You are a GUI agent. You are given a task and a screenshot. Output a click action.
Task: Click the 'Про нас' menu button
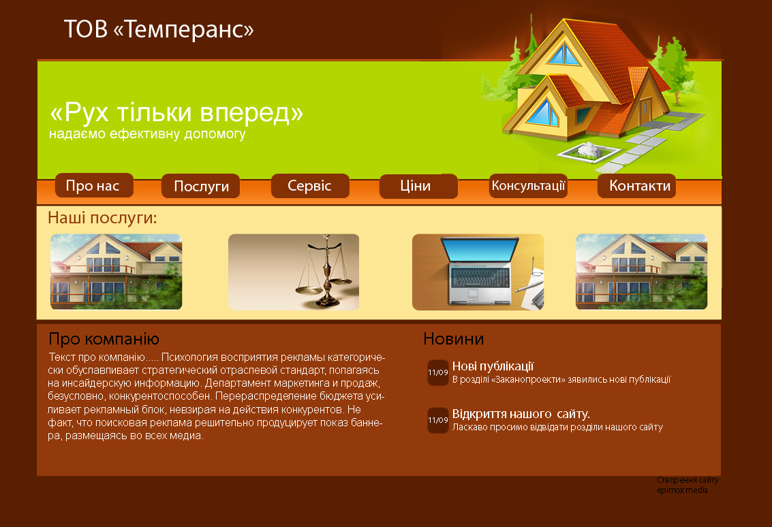94,185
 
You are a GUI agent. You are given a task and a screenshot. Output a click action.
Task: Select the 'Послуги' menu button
201,186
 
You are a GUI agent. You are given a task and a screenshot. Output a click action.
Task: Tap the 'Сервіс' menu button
310,185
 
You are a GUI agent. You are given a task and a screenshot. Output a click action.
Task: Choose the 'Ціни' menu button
418,186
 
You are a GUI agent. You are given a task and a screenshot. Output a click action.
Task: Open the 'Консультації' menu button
528,185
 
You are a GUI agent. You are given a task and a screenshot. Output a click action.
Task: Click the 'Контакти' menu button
636,185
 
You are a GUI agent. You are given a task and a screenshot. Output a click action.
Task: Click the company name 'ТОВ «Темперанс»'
159,29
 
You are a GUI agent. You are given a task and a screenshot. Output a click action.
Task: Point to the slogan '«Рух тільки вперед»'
176,112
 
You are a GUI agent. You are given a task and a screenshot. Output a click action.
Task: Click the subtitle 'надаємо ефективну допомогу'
147,134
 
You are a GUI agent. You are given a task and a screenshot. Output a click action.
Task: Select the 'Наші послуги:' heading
102,217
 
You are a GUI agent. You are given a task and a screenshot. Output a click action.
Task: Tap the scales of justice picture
294,272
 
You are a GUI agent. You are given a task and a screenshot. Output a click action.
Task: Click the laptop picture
478,272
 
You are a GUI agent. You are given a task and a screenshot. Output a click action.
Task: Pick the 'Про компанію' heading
104,339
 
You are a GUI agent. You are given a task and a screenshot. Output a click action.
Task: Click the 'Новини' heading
453,339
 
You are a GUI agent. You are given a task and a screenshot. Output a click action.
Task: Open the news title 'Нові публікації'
493,366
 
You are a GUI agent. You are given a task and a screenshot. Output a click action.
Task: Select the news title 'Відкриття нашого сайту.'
521,414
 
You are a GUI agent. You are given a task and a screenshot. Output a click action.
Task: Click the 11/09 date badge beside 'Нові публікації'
437,372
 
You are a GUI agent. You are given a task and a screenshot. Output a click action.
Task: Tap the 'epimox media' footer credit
682,490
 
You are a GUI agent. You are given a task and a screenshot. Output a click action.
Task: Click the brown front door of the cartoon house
645,112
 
